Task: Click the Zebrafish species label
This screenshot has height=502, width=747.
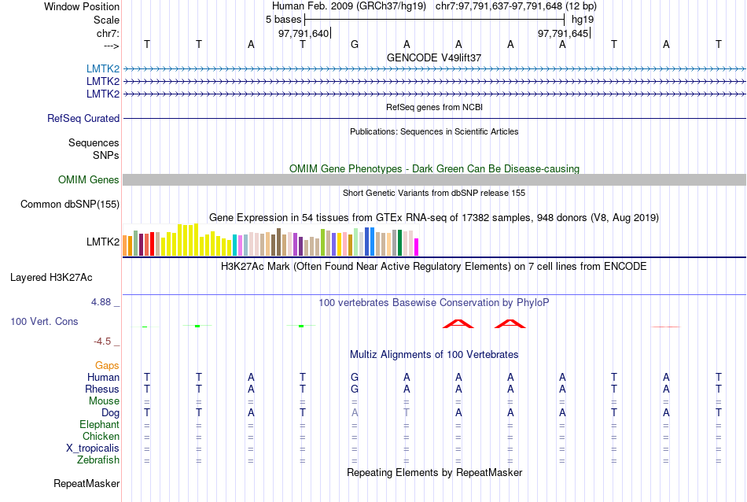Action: pyautogui.click(x=99, y=460)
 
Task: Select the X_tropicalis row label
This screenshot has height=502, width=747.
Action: pyautogui.click(x=93, y=448)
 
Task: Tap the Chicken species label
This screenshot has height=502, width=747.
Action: pyautogui.click(x=101, y=437)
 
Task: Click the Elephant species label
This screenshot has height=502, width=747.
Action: pyautogui.click(x=99, y=425)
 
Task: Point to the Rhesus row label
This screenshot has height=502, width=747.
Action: pyautogui.click(x=102, y=389)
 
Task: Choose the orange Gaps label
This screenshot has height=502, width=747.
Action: pyautogui.click(x=107, y=366)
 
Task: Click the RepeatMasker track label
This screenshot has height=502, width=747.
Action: pyautogui.click(x=86, y=483)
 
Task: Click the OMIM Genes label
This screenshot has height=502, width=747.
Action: pyautogui.click(x=89, y=180)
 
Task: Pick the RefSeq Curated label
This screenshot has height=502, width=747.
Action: pyautogui.click(x=83, y=119)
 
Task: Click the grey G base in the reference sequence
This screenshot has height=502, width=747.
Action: pyautogui.click(x=355, y=44)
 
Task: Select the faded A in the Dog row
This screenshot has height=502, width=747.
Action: pyautogui.click(x=355, y=413)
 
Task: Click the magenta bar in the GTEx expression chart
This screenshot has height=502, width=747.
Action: pyautogui.click(x=417, y=246)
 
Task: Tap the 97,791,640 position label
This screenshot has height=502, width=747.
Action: pyautogui.click(x=304, y=33)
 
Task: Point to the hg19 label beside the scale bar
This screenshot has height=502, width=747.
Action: pyautogui.click(x=583, y=19)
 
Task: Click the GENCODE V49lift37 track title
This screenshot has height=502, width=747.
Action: pyautogui.click(x=434, y=57)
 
